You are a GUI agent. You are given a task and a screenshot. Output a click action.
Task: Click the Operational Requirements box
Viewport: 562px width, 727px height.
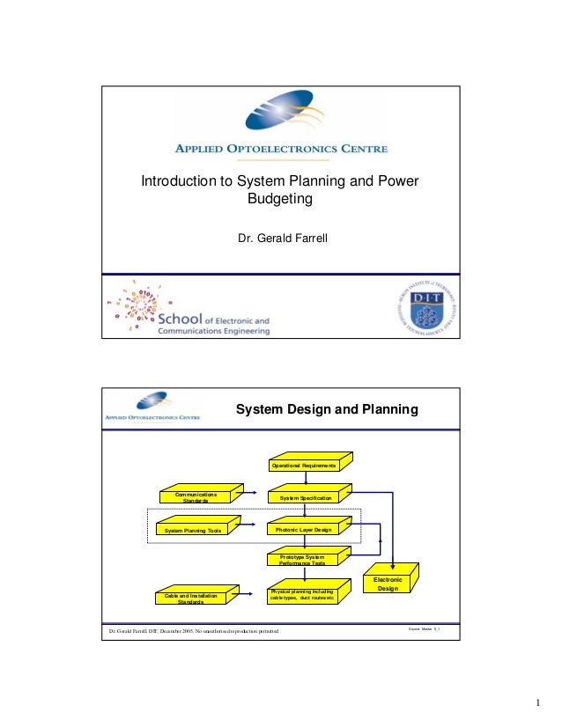[x=305, y=464]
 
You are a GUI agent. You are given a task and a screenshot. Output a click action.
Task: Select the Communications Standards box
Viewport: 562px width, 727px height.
[x=196, y=498]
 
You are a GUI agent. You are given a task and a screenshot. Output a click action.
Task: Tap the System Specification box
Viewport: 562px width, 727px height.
[x=305, y=498]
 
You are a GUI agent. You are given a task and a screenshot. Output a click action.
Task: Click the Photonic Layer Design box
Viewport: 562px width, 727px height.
[x=305, y=530]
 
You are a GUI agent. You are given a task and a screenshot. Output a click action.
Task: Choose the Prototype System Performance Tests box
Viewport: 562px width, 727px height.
[x=303, y=560]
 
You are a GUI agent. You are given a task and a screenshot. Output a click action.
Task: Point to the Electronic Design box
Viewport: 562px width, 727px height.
[x=388, y=584]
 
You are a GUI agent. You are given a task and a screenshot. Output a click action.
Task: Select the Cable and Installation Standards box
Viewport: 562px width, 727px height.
[x=191, y=599]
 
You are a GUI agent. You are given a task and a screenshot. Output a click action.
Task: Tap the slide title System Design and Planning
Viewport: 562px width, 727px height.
[x=325, y=410]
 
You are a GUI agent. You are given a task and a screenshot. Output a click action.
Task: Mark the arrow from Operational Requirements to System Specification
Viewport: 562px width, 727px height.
[x=305, y=479]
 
